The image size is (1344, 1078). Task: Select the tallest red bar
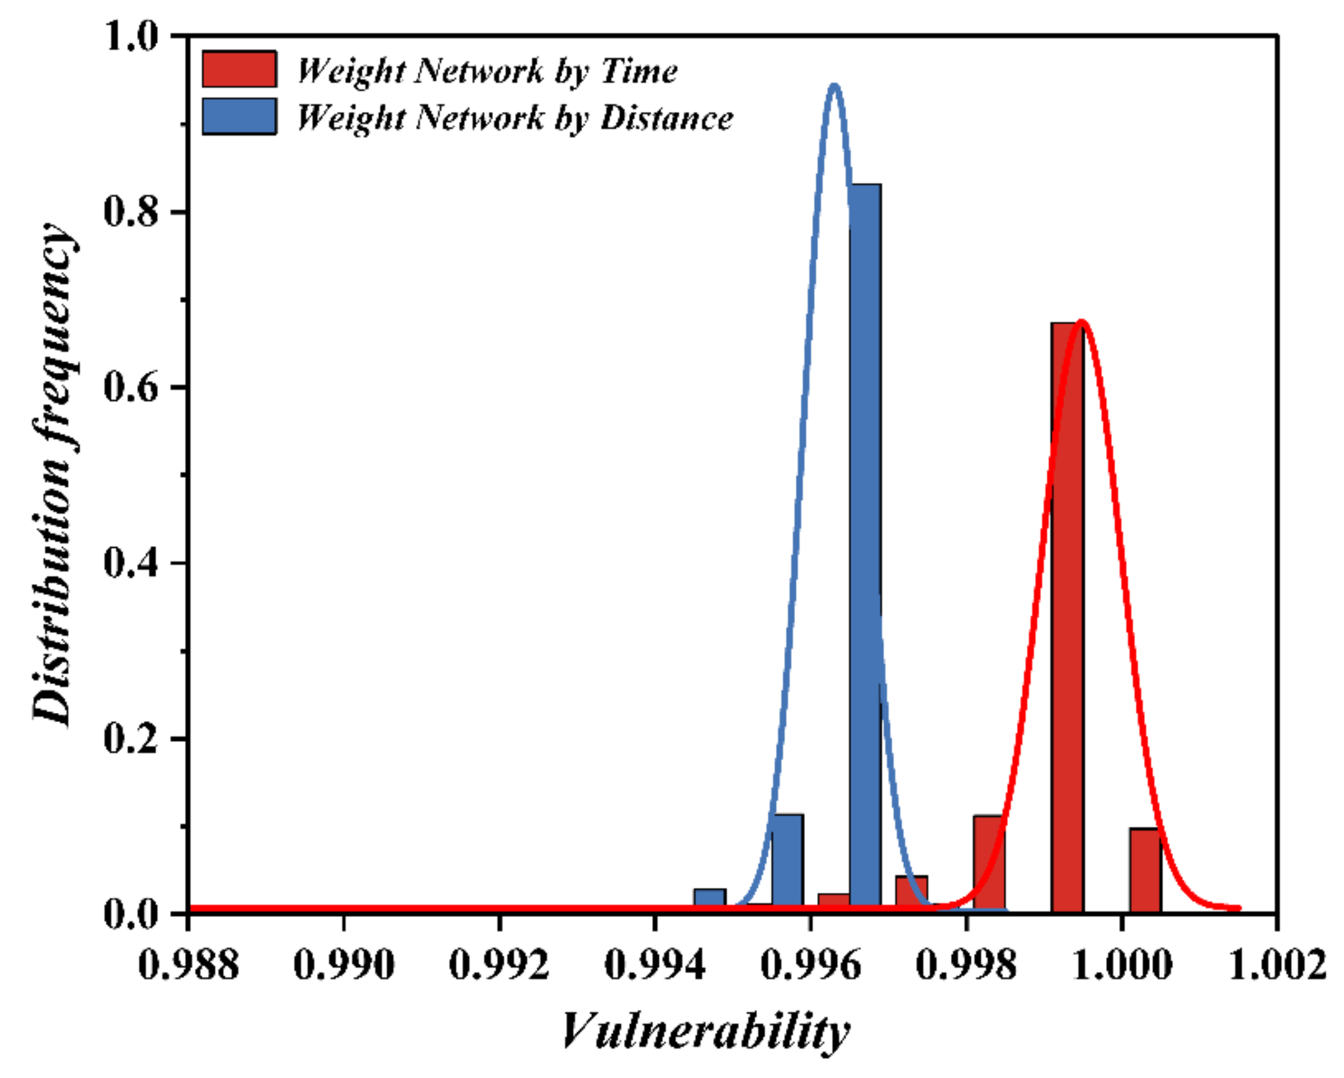pos(1067,617)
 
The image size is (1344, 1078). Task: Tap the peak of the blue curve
pos(834,85)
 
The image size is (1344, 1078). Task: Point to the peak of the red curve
pos(1081,322)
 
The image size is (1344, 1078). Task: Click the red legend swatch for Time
pos(239,69)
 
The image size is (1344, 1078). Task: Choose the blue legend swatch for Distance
pos(239,116)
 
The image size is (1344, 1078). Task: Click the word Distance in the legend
pos(666,117)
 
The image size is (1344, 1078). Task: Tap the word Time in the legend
pos(639,71)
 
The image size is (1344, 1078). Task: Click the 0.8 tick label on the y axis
pos(129,212)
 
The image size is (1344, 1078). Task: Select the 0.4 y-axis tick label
pos(129,563)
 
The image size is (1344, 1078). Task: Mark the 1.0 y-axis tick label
pos(129,36)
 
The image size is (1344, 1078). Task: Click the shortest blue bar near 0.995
pos(709,900)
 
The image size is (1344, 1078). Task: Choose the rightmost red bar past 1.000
pos(1145,870)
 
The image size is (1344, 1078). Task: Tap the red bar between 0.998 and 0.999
pos(989,863)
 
